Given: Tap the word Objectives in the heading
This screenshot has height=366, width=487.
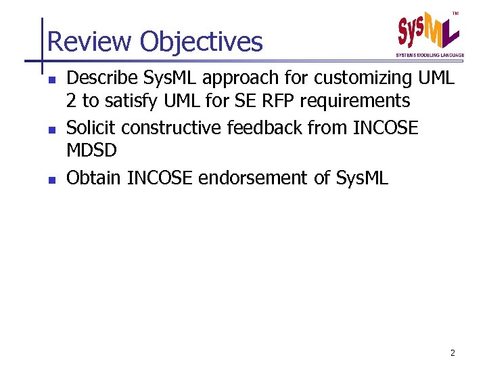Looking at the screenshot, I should coord(201,42).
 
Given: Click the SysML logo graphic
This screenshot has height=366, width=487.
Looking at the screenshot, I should coord(428,33).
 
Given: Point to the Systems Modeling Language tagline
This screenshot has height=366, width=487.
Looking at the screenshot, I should coord(430,55).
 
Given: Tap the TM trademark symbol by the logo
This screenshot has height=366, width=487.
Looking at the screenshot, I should coord(455,14).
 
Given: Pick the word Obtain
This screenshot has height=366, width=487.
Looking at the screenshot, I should coord(94,178).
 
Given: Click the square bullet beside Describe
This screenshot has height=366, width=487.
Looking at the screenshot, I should coord(52,80).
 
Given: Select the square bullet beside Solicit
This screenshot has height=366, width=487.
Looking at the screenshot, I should coord(52,129).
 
